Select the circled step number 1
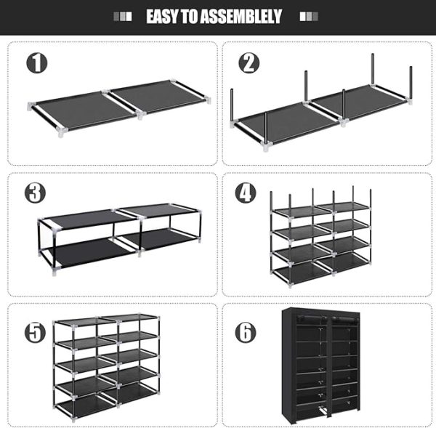coord(37,63)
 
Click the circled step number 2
coord(249,63)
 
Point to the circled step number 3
coord(36,193)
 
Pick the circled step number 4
coord(246,193)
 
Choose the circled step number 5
coord(36,333)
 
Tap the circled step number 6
coord(246,333)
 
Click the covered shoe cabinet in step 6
coord(321,366)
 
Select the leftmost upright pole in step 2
coord(232,105)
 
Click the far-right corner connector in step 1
coord(207,100)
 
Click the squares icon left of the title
coord(123,17)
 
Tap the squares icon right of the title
coord(309,17)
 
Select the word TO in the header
coord(190,17)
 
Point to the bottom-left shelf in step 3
coord(89,253)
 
